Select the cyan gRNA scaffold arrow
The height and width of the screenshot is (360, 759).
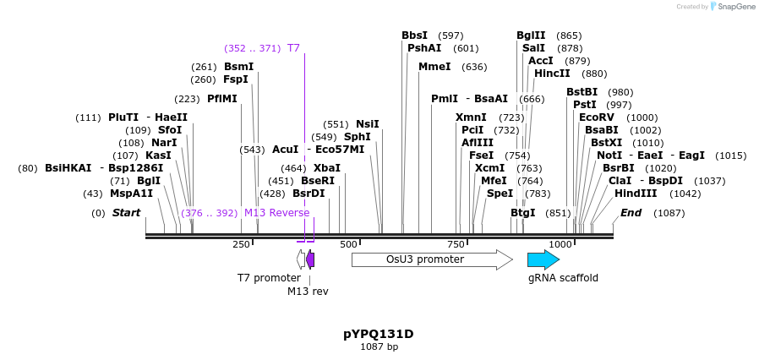tap(543, 259)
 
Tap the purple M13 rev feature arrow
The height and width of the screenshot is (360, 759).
tap(310, 259)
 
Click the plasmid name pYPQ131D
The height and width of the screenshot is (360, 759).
tap(379, 334)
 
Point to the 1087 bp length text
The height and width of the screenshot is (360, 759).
tap(379, 346)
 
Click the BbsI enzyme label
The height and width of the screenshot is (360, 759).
tap(414, 35)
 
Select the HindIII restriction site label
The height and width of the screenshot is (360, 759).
tap(636, 193)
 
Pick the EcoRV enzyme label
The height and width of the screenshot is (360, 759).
tap(597, 117)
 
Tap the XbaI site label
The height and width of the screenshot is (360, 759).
tap(326, 168)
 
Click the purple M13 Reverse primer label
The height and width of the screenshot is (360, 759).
tap(276, 213)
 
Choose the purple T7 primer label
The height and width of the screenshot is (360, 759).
tap(293, 48)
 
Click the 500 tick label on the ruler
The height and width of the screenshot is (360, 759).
tap(348, 244)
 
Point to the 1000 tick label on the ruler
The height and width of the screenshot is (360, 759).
tap(560, 244)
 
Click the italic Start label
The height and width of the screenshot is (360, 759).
tap(126, 213)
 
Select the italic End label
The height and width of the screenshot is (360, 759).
tap(631, 213)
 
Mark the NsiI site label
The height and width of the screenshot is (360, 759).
tap(367, 124)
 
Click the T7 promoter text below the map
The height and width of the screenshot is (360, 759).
tap(269, 277)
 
